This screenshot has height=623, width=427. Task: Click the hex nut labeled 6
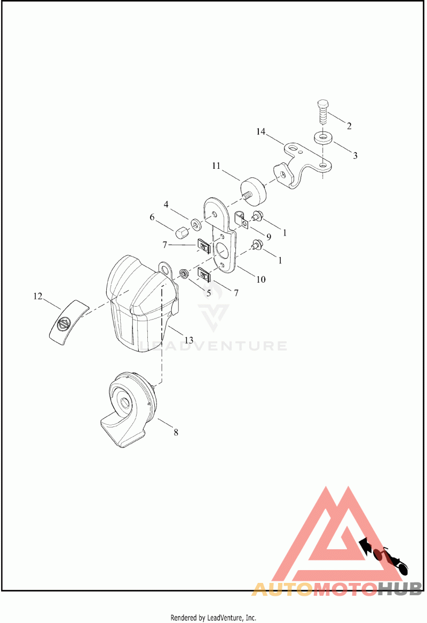tap(180, 233)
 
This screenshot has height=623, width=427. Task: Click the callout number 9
tap(269, 236)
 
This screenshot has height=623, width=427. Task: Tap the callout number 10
tap(261, 279)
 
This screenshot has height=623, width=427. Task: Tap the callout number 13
tap(189, 340)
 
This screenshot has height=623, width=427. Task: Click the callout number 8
tap(176, 432)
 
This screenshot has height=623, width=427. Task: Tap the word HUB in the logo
tap(400, 589)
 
